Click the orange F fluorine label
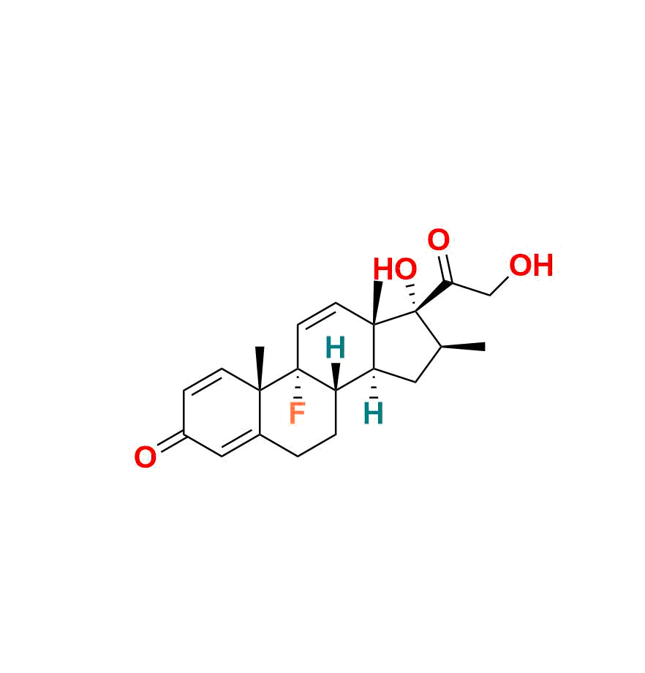(x=297, y=414)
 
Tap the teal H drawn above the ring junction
(x=335, y=348)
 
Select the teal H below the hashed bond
(x=373, y=415)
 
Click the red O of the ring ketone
(x=145, y=459)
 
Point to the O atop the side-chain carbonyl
(x=438, y=241)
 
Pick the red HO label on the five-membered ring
(x=395, y=269)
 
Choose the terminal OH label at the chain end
(x=531, y=266)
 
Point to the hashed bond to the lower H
(x=374, y=388)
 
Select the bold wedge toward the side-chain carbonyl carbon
(x=432, y=296)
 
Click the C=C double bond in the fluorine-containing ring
(x=317, y=314)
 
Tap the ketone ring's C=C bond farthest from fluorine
(x=203, y=380)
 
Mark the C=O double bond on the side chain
(x=443, y=267)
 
